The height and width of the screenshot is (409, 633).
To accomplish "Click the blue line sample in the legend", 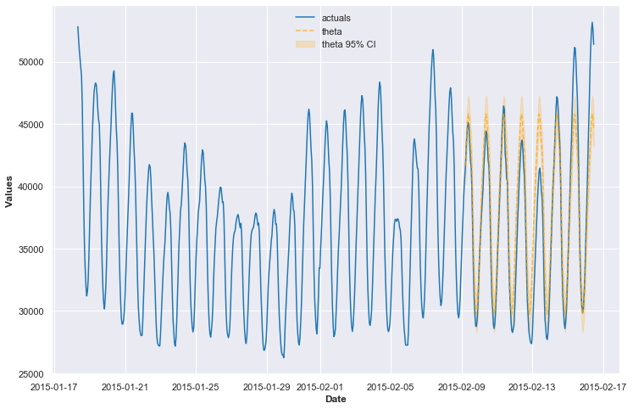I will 305,18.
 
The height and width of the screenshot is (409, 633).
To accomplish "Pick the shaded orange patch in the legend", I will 305,44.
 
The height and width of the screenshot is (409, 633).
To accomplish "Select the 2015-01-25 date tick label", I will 196,387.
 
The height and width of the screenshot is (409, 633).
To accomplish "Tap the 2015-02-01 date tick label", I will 319,387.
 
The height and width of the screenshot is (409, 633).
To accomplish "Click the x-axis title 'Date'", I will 336,400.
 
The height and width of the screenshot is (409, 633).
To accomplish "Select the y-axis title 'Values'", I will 9,192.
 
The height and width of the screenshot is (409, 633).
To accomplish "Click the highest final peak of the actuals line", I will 592,23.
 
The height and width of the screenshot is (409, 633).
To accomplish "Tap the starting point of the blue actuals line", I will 78,26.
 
